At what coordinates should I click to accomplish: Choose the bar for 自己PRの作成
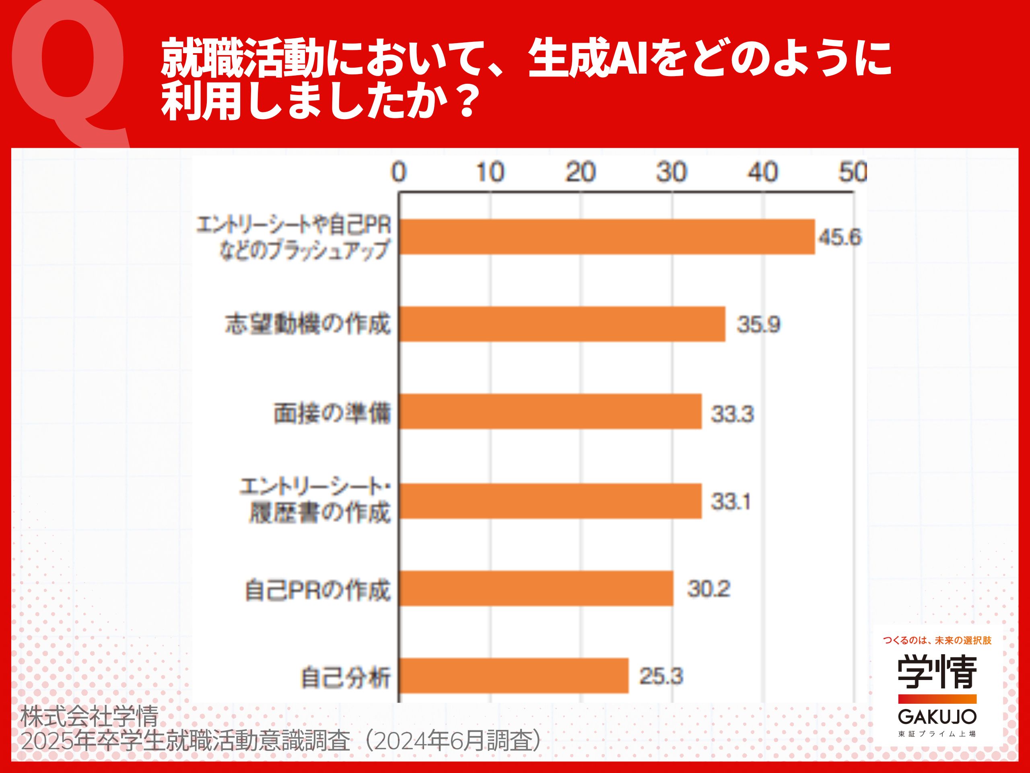[536, 589]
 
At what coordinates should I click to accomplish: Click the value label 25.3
[661, 676]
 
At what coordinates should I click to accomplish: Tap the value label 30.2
[708, 589]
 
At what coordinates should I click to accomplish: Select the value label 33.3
[732, 414]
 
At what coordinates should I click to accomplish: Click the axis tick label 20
[580, 172]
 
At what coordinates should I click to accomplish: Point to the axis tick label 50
[853, 172]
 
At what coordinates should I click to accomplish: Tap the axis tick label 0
[399, 172]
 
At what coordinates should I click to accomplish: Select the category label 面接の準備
[332, 413]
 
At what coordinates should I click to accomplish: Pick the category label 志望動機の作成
[308, 324]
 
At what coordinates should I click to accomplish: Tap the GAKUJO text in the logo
[937, 716]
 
